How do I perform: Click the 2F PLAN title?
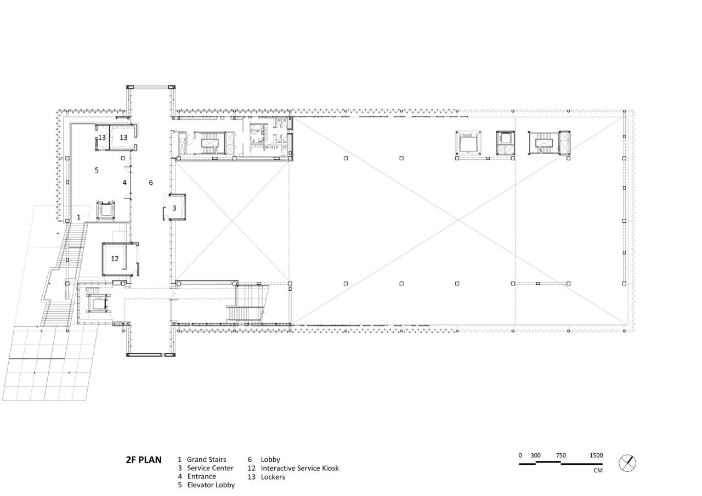click(x=144, y=460)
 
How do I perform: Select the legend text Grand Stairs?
click(x=206, y=460)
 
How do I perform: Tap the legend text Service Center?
click(x=210, y=468)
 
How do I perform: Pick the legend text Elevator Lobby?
click(x=211, y=485)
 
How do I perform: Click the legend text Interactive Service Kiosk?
click(x=299, y=468)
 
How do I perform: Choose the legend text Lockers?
click(x=273, y=477)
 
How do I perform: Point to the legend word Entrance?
click(x=201, y=476)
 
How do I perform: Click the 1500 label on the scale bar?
click(x=596, y=455)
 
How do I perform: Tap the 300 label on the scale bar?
click(x=535, y=455)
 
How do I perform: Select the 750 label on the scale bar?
click(x=561, y=455)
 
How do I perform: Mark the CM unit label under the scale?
click(x=598, y=470)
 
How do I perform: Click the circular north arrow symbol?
click(x=627, y=463)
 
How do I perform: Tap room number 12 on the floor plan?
click(x=115, y=258)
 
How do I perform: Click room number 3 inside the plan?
click(x=174, y=208)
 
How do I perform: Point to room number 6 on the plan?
click(x=151, y=183)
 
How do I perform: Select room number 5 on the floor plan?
click(x=97, y=170)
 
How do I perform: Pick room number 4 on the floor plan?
click(x=124, y=183)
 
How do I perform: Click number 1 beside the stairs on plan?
click(x=78, y=217)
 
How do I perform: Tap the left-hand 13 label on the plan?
click(x=102, y=138)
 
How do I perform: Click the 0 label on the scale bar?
click(x=520, y=455)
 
